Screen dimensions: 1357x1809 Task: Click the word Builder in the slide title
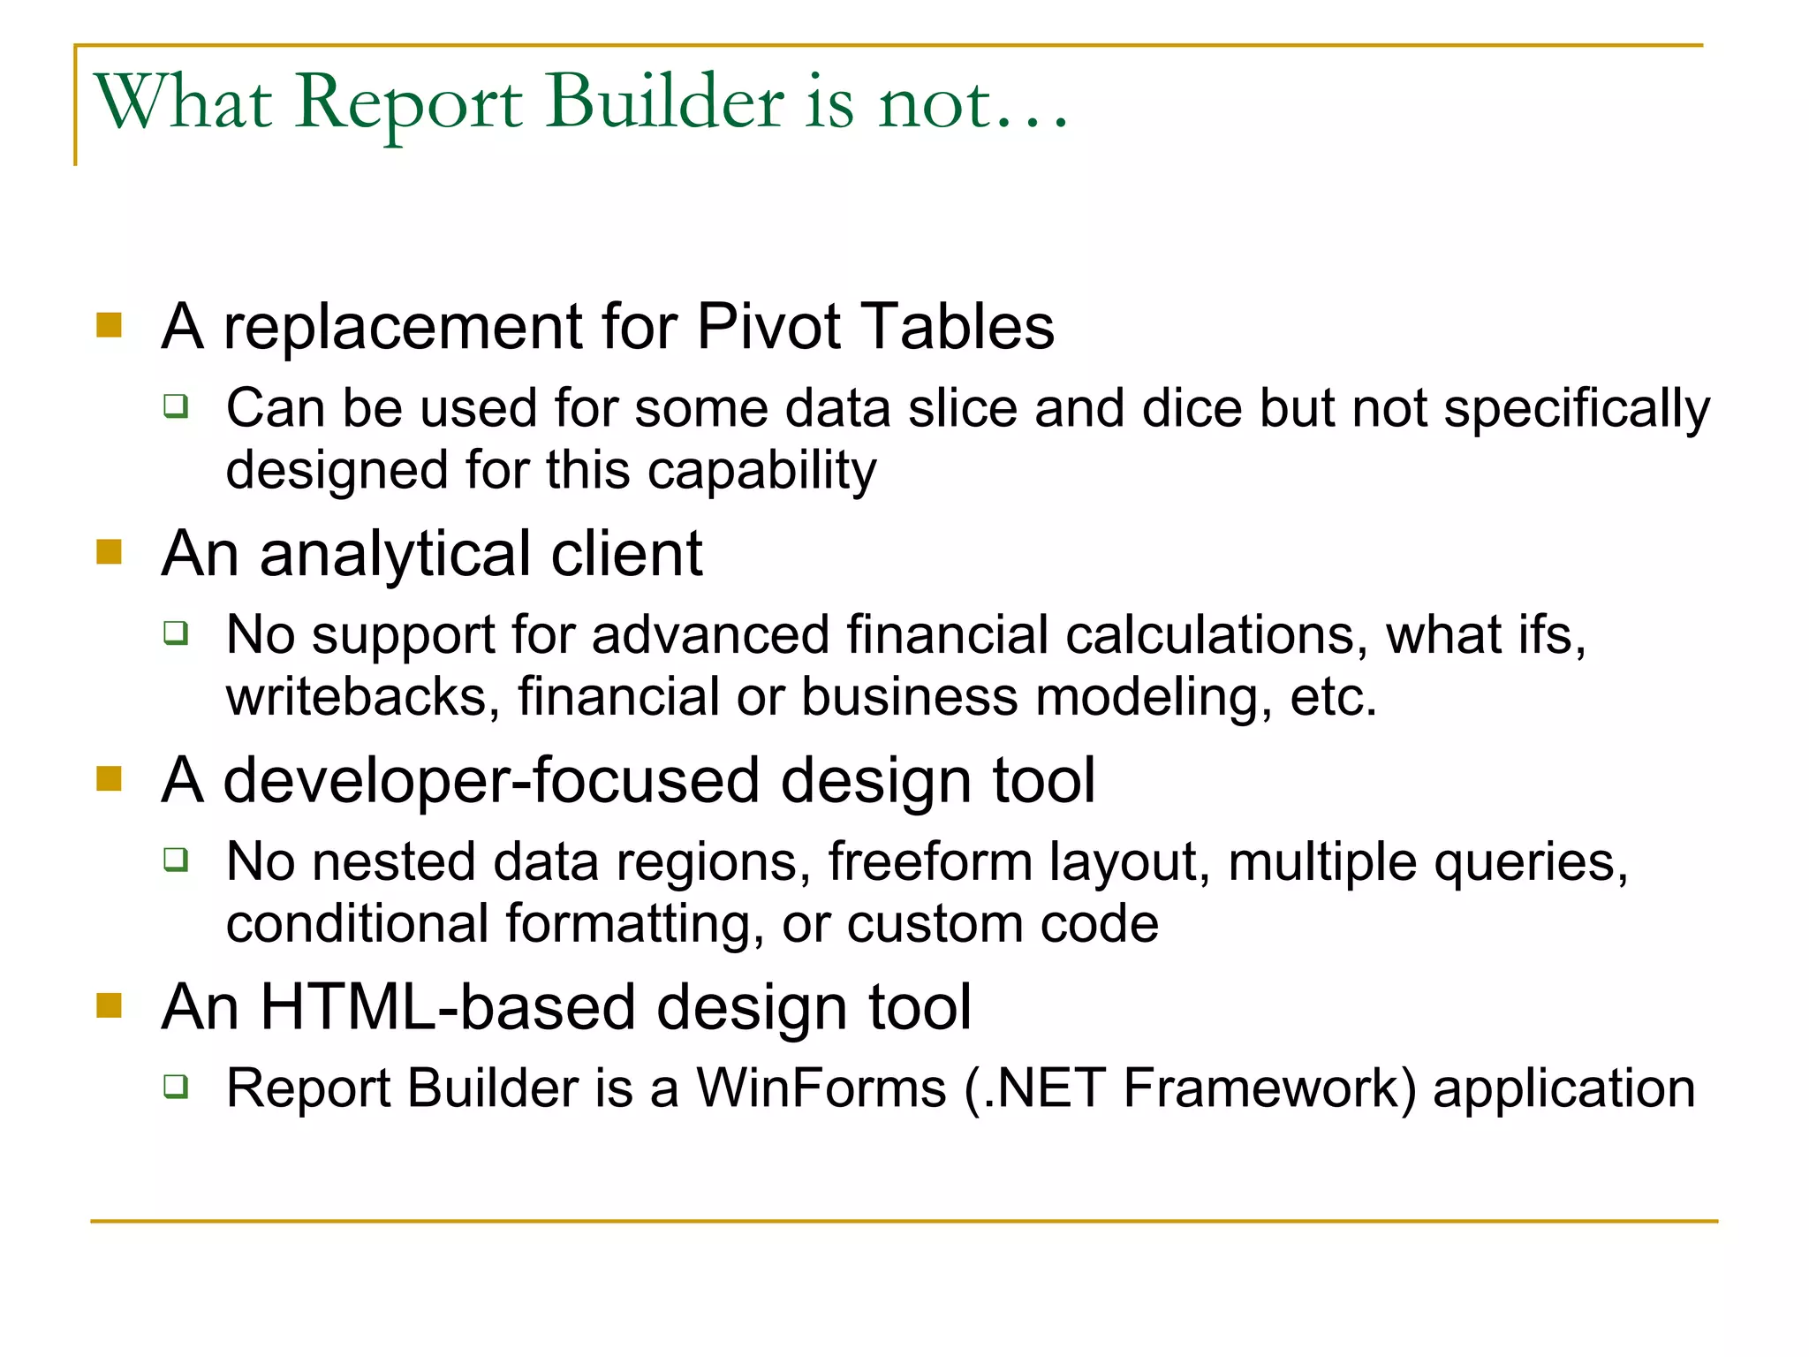click(x=664, y=102)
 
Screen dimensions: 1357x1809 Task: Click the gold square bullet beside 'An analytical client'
click(x=109, y=552)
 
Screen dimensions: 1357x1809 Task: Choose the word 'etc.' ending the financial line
click(x=1334, y=697)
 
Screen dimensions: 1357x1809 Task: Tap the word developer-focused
click(x=491, y=781)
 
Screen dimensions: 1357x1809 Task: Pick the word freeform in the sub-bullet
click(x=929, y=861)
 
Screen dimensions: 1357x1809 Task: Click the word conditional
click(x=357, y=924)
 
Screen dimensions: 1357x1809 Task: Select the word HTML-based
click(x=449, y=1007)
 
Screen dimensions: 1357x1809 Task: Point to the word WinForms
click(x=821, y=1088)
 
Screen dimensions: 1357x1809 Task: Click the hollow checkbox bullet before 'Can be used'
click(x=177, y=406)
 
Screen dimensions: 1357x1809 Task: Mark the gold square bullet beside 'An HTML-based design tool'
click(x=109, y=1005)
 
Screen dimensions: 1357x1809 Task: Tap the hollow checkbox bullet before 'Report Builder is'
click(x=177, y=1086)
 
